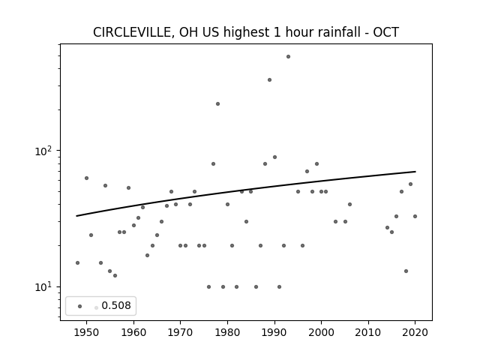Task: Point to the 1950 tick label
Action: pos(87,332)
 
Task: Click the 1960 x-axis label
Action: pos(133,332)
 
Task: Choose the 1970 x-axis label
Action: pos(181,332)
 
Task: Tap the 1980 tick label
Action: pos(227,332)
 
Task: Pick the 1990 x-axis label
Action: pos(274,332)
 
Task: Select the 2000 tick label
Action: pos(322,332)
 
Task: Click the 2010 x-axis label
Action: pos(368,332)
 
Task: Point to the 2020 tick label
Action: pos(415,332)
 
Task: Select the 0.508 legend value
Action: pos(116,305)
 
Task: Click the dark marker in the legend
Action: pos(80,307)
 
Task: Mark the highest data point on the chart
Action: pos(288,57)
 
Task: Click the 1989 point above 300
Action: pos(269,80)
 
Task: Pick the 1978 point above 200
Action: pos(217,103)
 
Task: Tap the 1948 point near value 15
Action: pos(77,262)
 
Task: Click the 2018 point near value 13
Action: pos(406,271)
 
